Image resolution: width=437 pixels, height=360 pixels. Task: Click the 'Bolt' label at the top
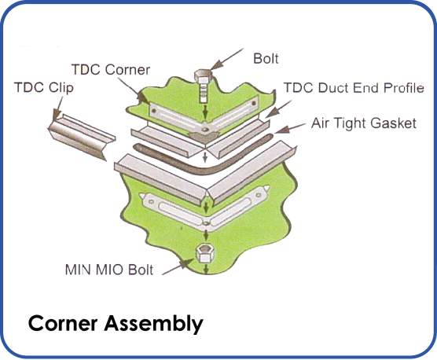(x=266, y=59)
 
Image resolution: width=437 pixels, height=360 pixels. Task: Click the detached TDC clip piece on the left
(x=79, y=135)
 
